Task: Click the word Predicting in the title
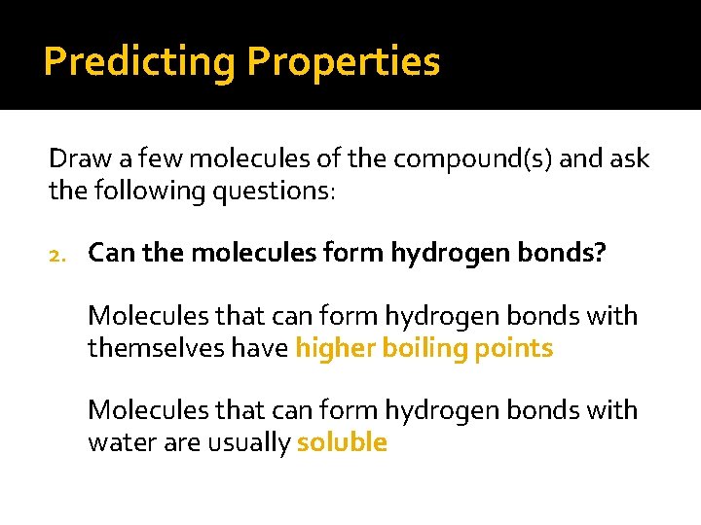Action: [139, 62]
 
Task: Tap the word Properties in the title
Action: [344, 62]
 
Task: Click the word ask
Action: [628, 159]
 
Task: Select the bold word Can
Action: [109, 254]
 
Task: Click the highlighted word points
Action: [514, 348]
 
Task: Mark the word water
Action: [117, 442]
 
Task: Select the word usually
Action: [249, 442]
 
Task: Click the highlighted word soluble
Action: [342, 442]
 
